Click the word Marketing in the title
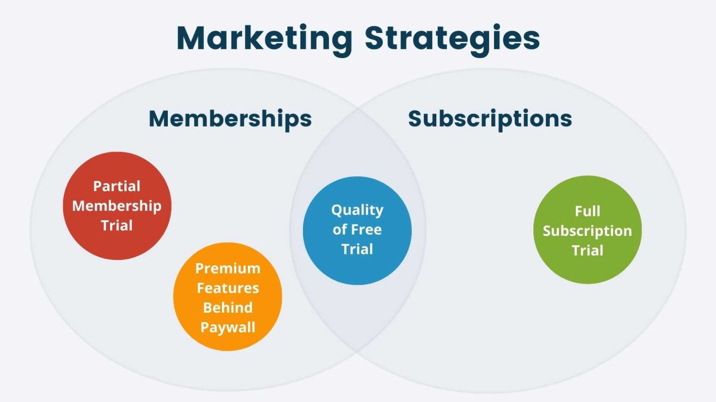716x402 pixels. point(264,38)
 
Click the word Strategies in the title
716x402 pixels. point(452,38)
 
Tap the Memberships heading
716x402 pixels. point(230,119)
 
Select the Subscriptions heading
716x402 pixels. point(490,119)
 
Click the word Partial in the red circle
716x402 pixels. point(117,186)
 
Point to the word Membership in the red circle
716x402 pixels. point(117,206)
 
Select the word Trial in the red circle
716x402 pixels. point(117,226)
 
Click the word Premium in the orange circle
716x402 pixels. point(227,268)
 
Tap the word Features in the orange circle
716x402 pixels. point(227,288)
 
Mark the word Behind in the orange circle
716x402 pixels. point(227,308)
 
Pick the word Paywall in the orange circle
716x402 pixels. point(227,327)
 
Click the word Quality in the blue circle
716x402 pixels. point(357,210)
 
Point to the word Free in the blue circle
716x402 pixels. point(366,229)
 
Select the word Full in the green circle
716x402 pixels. point(587,211)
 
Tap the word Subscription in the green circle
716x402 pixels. point(587,231)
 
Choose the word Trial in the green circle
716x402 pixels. point(587,250)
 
